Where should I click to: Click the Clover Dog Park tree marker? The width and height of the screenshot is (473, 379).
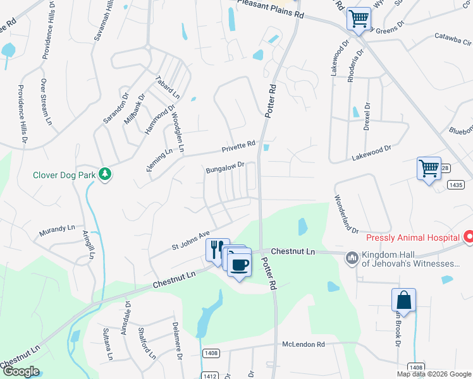(104, 174)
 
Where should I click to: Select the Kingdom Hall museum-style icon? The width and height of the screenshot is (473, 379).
(352, 258)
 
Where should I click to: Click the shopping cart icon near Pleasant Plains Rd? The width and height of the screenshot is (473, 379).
(359, 18)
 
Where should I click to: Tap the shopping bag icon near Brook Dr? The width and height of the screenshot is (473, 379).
(403, 300)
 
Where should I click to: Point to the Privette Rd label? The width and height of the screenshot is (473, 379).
(238, 148)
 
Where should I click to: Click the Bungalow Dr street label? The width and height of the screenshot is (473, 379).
(225, 167)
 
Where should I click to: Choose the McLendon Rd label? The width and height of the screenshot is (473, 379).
(303, 345)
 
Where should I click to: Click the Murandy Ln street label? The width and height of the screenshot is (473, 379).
(57, 228)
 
